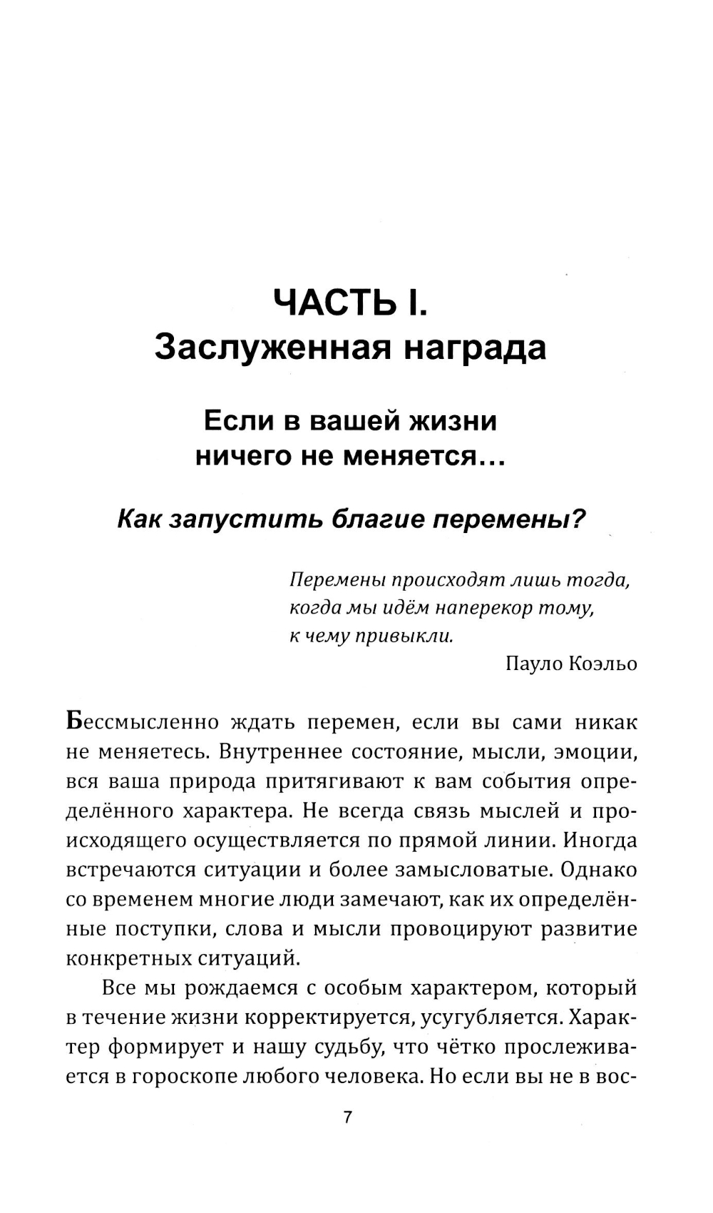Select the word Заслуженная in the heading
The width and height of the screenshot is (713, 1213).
271,347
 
